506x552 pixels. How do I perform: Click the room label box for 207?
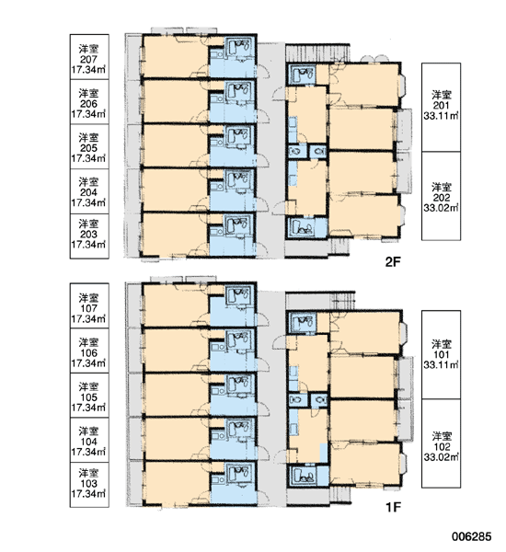(x=89, y=57)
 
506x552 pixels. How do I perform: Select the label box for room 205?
(x=89, y=146)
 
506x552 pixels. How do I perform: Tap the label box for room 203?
(x=89, y=236)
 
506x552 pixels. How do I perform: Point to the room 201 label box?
(x=441, y=108)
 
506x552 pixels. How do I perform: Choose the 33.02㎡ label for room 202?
(x=441, y=208)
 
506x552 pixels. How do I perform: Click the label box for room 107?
(x=89, y=305)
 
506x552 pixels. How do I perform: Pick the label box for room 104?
(x=89, y=440)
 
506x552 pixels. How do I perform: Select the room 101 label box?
(x=441, y=355)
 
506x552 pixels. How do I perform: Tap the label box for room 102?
(x=441, y=443)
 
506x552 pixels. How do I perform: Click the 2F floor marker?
(x=393, y=262)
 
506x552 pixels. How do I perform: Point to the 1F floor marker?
(x=393, y=507)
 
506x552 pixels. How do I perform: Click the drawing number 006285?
(x=471, y=536)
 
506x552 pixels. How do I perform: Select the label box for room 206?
(x=89, y=102)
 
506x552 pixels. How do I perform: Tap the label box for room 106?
(x=89, y=351)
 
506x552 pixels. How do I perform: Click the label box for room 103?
(x=89, y=485)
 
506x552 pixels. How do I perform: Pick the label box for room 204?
(x=89, y=191)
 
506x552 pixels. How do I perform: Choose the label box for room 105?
(x=89, y=396)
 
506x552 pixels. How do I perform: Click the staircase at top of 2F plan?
(x=317, y=52)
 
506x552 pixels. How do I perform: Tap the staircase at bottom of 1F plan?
(x=340, y=495)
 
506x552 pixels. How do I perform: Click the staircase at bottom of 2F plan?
(x=339, y=247)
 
